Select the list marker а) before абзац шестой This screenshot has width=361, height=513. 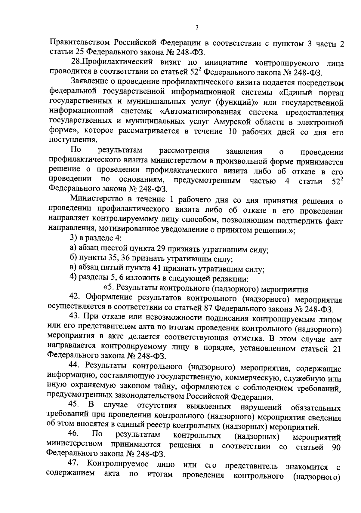tap(73, 248)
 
